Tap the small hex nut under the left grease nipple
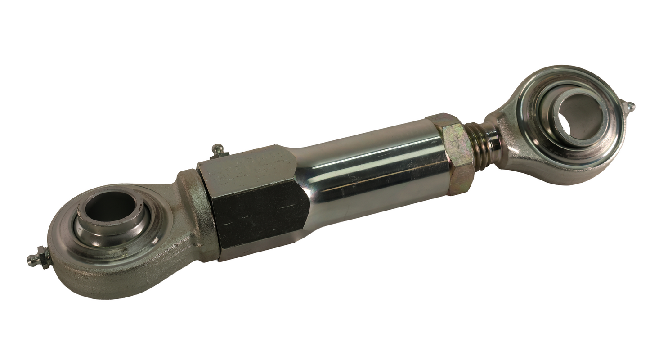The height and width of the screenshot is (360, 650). click(x=44, y=257)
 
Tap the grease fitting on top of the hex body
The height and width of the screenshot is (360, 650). click(x=218, y=150)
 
